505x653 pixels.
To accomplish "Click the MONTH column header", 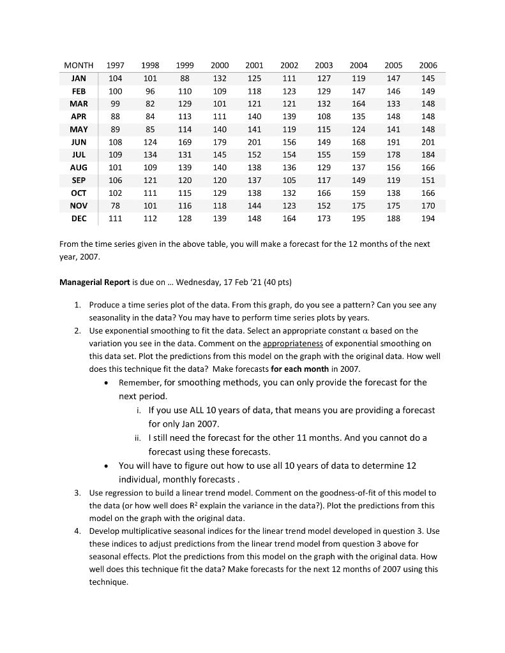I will tap(79, 66).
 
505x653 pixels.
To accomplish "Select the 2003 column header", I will tap(324, 66).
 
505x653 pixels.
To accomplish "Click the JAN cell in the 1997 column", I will tap(116, 78).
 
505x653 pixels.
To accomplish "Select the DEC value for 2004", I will tap(359, 219).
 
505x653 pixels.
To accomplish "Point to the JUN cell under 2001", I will tap(254, 142).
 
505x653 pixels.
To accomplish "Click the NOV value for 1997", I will tap(116, 206).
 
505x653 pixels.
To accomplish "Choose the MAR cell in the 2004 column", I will tap(359, 104).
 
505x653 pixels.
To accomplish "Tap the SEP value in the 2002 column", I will tap(289, 180).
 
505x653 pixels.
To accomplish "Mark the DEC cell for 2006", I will tap(428, 219).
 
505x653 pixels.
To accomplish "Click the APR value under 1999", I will tap(185, 117).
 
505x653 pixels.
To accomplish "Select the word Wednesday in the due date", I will tap(200, 282).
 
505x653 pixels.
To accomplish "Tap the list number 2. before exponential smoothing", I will tap(77, 330).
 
